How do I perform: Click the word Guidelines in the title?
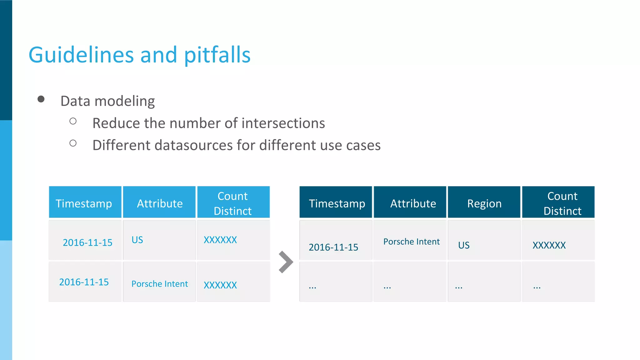tap(81, 55)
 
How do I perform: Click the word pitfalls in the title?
tap(217, 55)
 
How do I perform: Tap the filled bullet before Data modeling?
tap(41, 99)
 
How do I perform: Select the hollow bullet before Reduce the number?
tap(73, 121)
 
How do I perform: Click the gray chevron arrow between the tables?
tap(286, 262)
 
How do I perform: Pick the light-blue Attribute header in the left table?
tap(160, 203)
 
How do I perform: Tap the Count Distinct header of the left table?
tap(233, 203)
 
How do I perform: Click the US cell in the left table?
tap(137, 240)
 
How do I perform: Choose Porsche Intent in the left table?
tap(160, 284)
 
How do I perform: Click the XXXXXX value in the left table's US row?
tap(220, 240)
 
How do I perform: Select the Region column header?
tap(484, 203)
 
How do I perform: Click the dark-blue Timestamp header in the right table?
tap(337, 203)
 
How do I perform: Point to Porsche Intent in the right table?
tap(411, 242)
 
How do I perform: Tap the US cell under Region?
tap(464, 245)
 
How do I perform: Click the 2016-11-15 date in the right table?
tap(333, 247)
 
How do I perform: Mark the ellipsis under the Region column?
tap(459, 287)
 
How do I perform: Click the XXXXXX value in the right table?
tap(549, 245)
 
